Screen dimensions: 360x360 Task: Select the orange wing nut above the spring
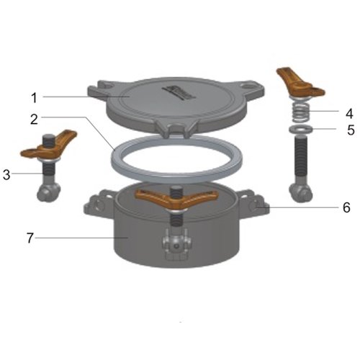coord(300,83)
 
